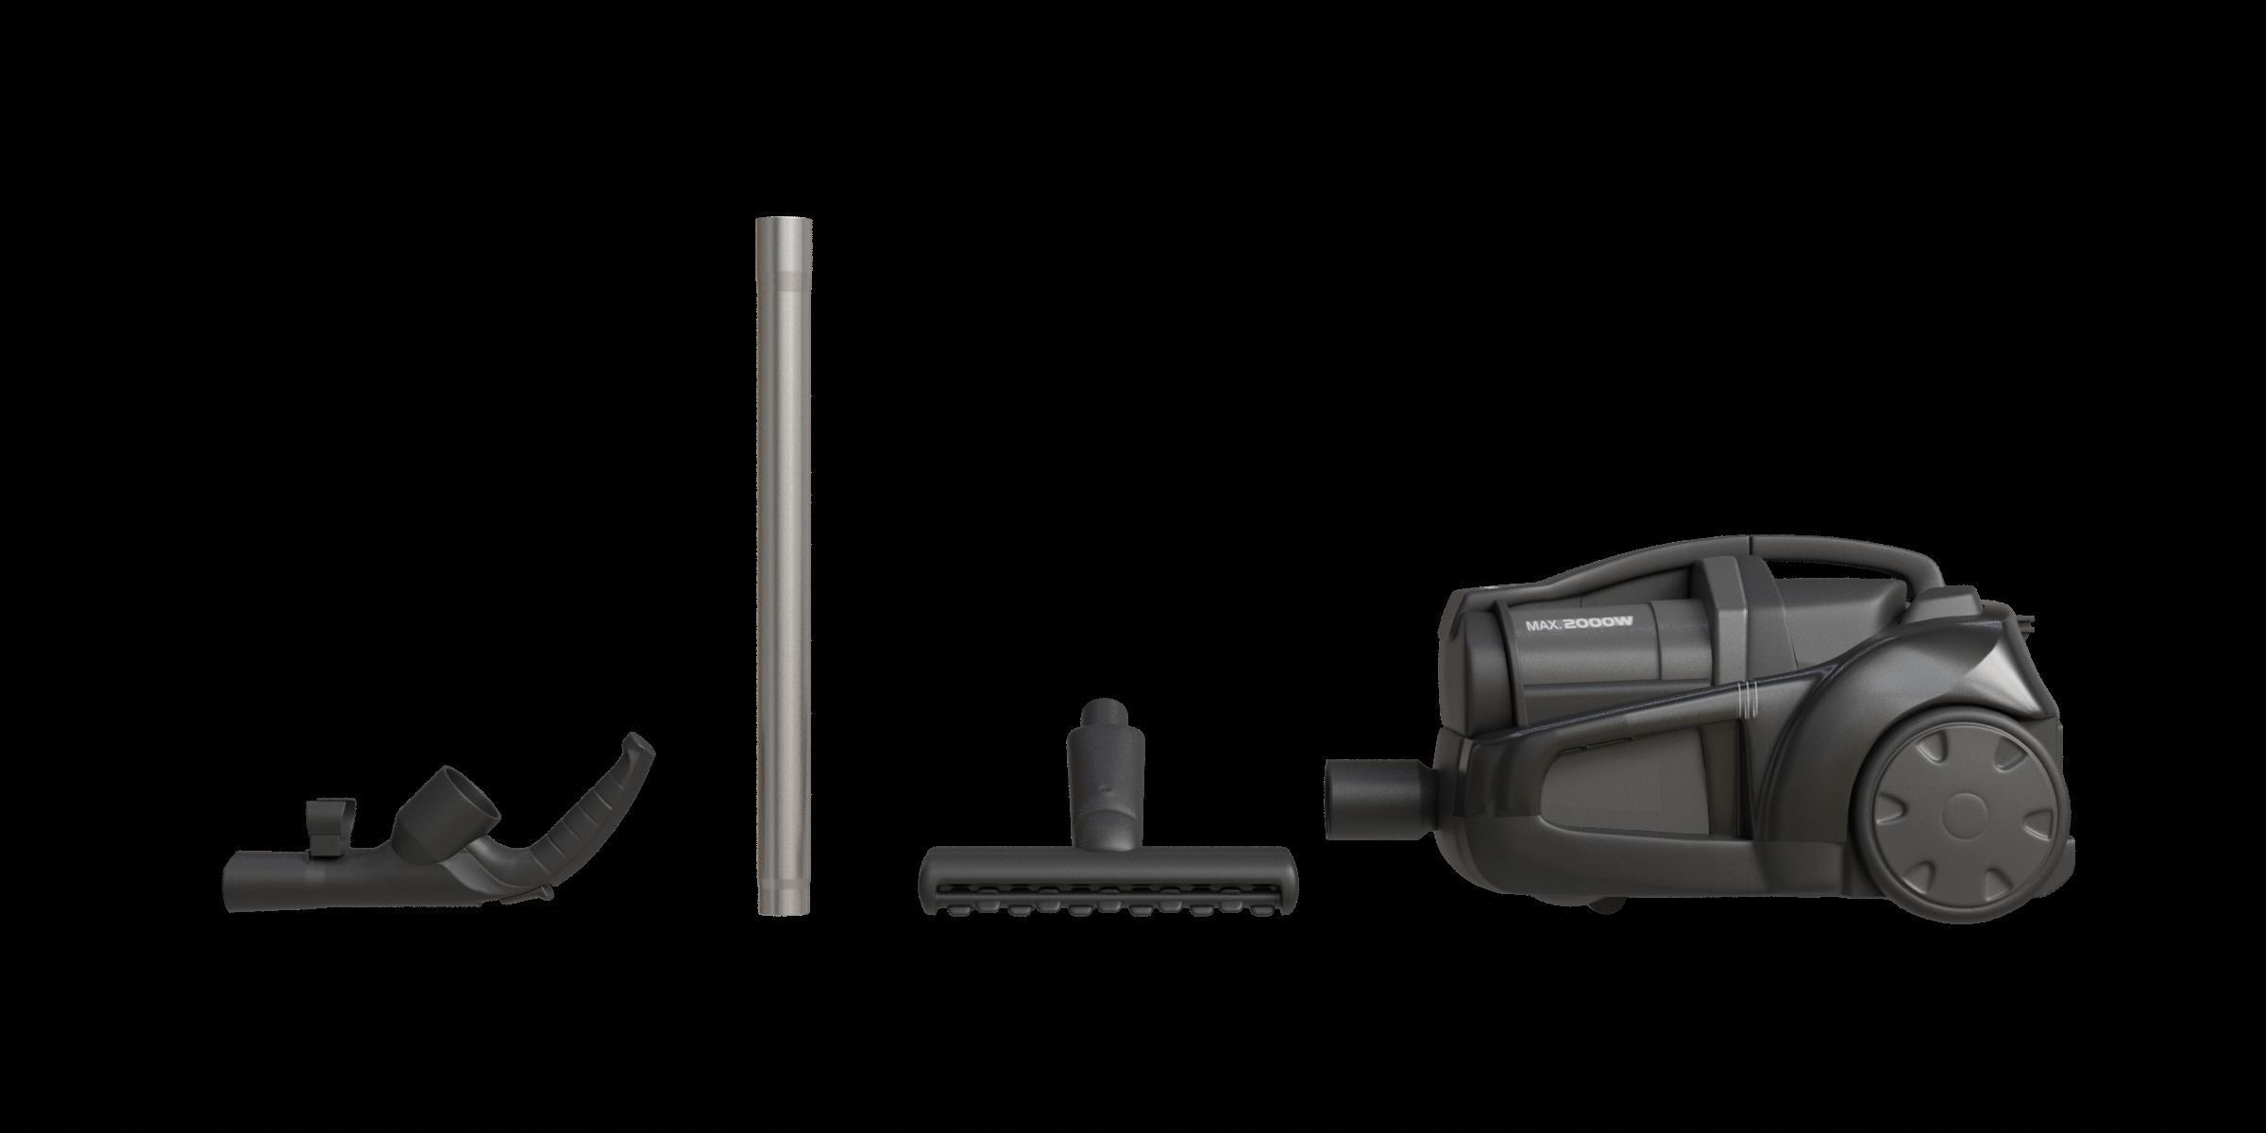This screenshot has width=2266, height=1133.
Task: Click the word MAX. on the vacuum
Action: (1541, 625)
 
